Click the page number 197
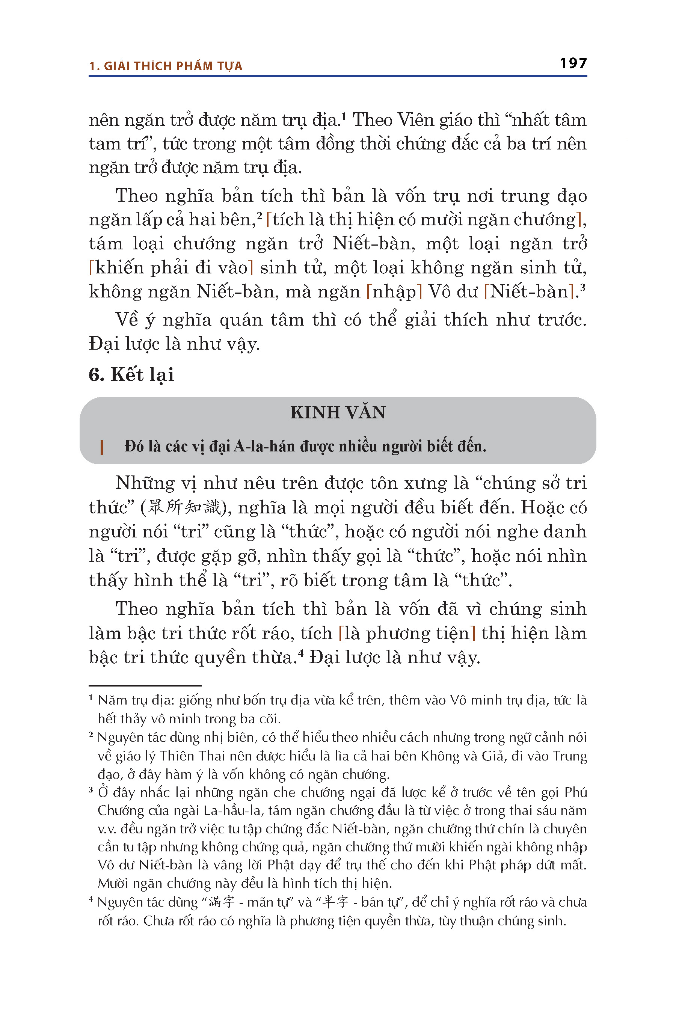573,63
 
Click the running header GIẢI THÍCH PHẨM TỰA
173,66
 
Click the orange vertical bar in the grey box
102,447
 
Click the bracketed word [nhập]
394,292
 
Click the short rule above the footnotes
145,685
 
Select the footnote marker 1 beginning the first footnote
91,698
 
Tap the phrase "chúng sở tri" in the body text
534,483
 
